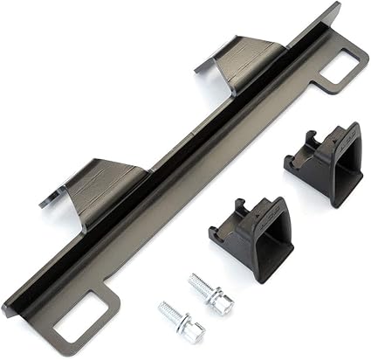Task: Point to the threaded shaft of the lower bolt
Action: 173,315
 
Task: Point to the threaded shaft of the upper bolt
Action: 201,287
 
